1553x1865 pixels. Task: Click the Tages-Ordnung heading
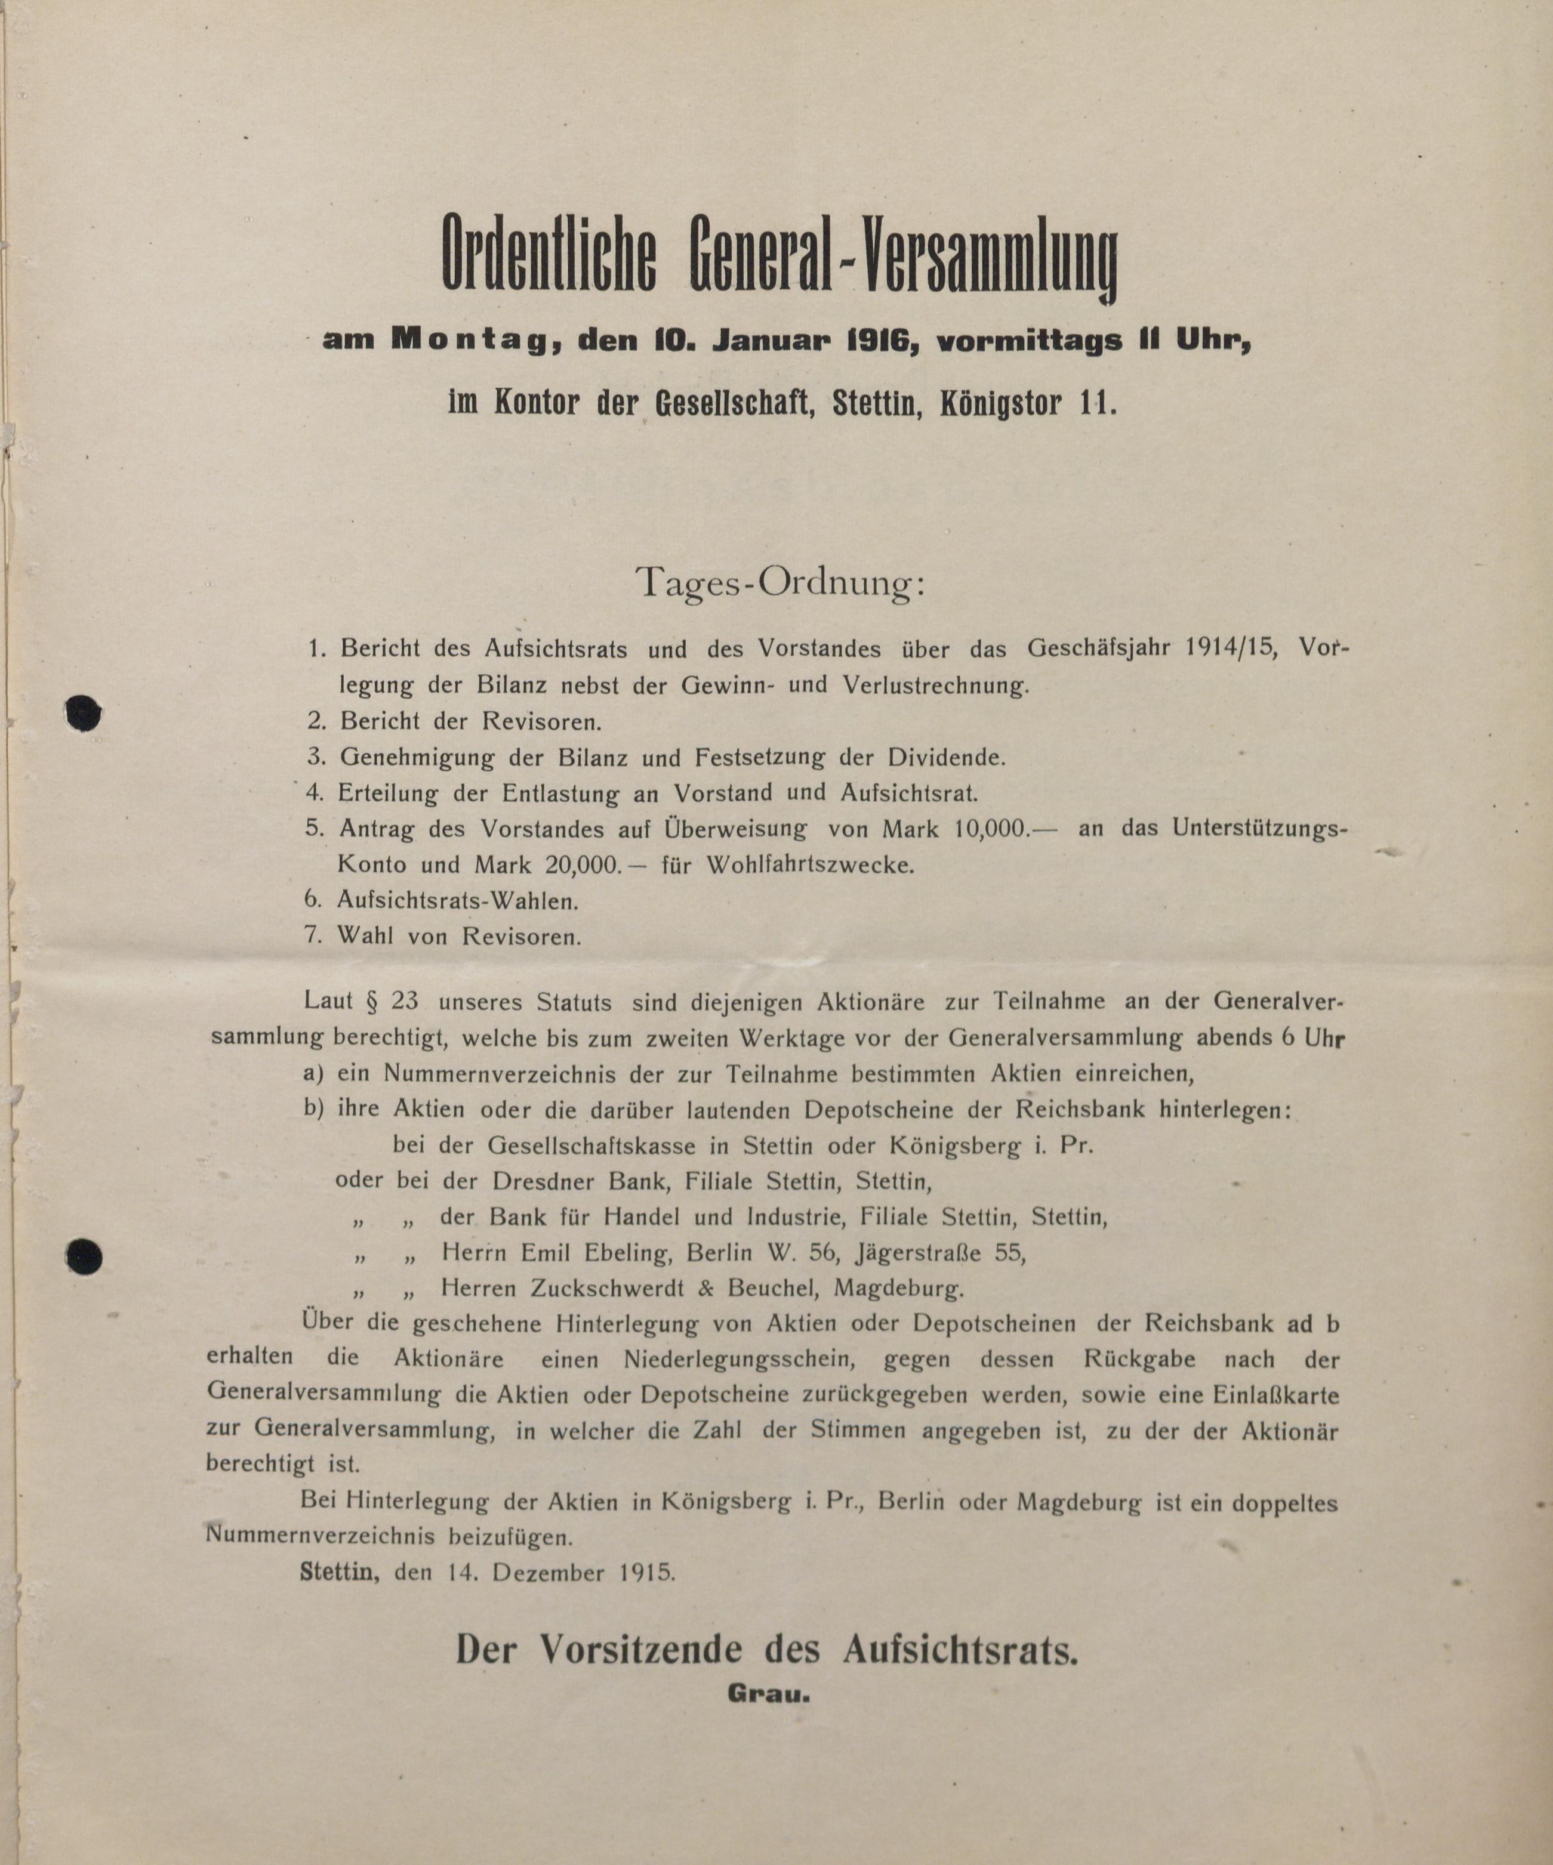[779, 583]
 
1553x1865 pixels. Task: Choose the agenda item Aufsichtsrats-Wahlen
[457, 900]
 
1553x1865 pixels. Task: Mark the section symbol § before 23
[372, 1002]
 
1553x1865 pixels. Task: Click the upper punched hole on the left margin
[84, 713]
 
